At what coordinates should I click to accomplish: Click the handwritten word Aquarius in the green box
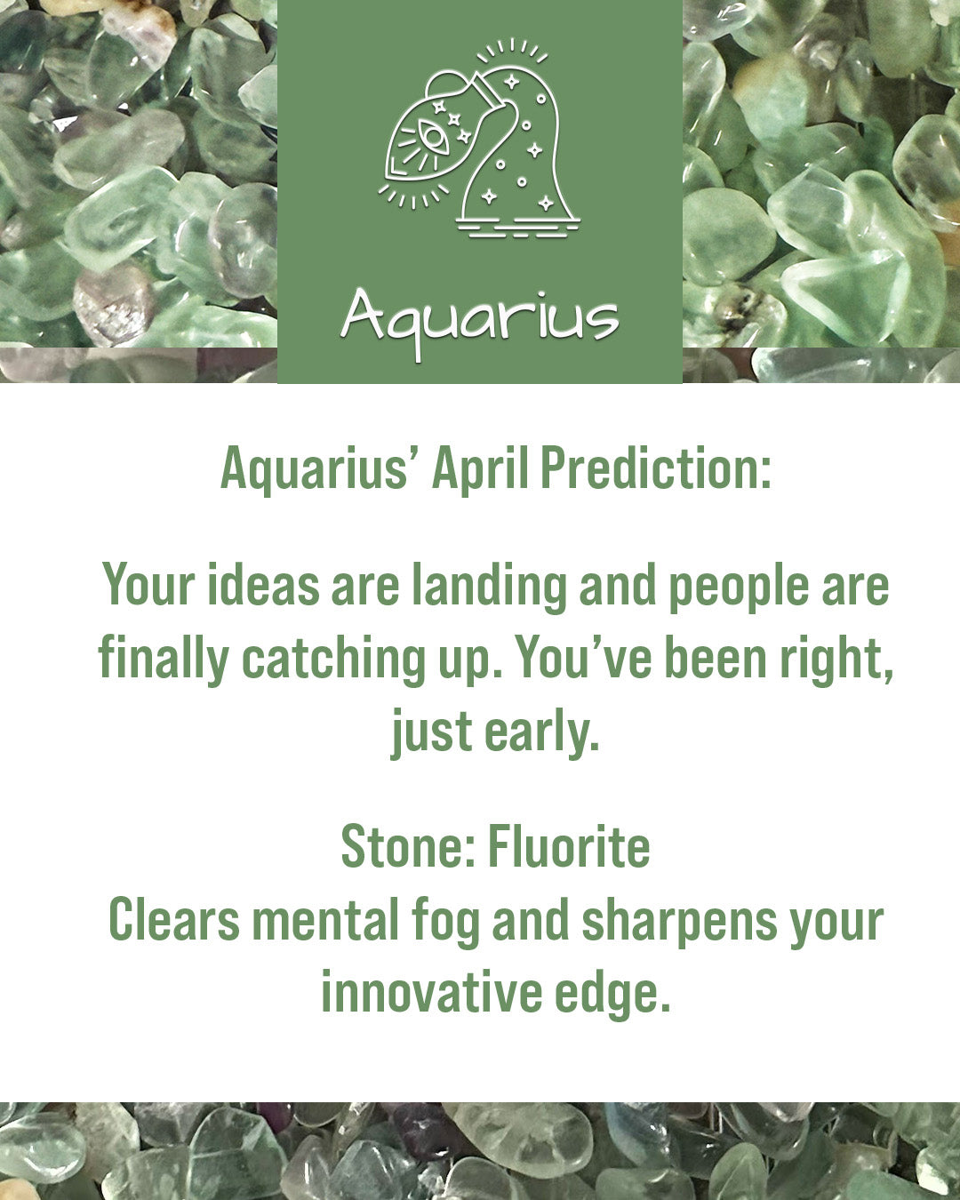pos(480,322)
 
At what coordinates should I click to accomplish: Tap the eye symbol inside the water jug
pos(434,138)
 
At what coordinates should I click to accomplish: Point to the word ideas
pos(263,585)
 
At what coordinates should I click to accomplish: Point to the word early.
pos(541,733)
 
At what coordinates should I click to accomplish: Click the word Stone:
pos(408,846)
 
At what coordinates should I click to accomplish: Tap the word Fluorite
pos(569,846)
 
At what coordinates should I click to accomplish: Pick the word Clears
pos(174,919)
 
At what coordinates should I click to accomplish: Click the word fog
pos(445,923)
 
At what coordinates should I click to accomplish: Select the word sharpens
pos(679,923)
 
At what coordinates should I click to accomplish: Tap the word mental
pos(325,919)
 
